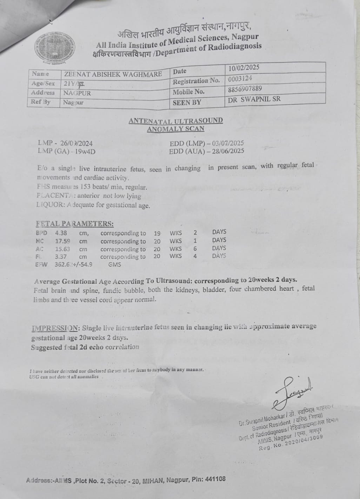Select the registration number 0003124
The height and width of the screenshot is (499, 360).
tap(240, 79)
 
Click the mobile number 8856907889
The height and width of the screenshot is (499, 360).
tap(245, 89)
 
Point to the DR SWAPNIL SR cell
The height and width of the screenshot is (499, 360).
tap(254, 99)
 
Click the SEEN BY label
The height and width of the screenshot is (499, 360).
tap(187, 103)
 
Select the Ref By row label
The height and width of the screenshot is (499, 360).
tap(41, 102)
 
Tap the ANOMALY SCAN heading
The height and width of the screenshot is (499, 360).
tap(175, 129)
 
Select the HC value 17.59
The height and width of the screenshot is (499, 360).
tap(62, 241)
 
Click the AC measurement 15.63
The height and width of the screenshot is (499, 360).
tap(62, 249)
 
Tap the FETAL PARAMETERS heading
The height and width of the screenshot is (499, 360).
tap(74, 224)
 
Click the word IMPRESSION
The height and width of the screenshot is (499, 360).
tap(55, 328)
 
